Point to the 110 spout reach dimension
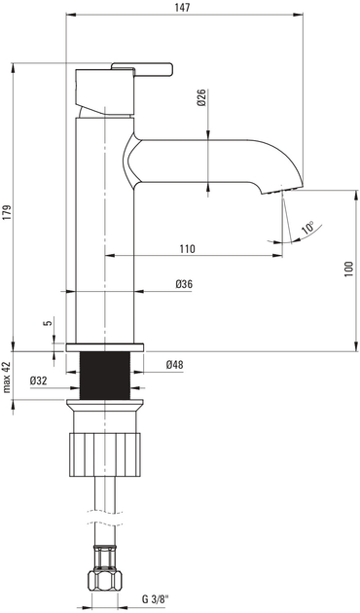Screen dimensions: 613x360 [187, 248]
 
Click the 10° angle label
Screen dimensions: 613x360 [307, 228]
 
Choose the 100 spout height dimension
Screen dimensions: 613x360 [348, 269]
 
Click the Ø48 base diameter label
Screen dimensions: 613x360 [175, 364]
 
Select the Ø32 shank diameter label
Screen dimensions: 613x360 [40, 379]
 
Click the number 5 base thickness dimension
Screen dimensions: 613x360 [45, 324]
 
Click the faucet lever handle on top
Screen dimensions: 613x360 [141, 68]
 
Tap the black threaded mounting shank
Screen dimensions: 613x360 [104, 374]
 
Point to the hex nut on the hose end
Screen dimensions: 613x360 [104, 581]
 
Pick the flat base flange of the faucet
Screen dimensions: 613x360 [104, 345]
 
